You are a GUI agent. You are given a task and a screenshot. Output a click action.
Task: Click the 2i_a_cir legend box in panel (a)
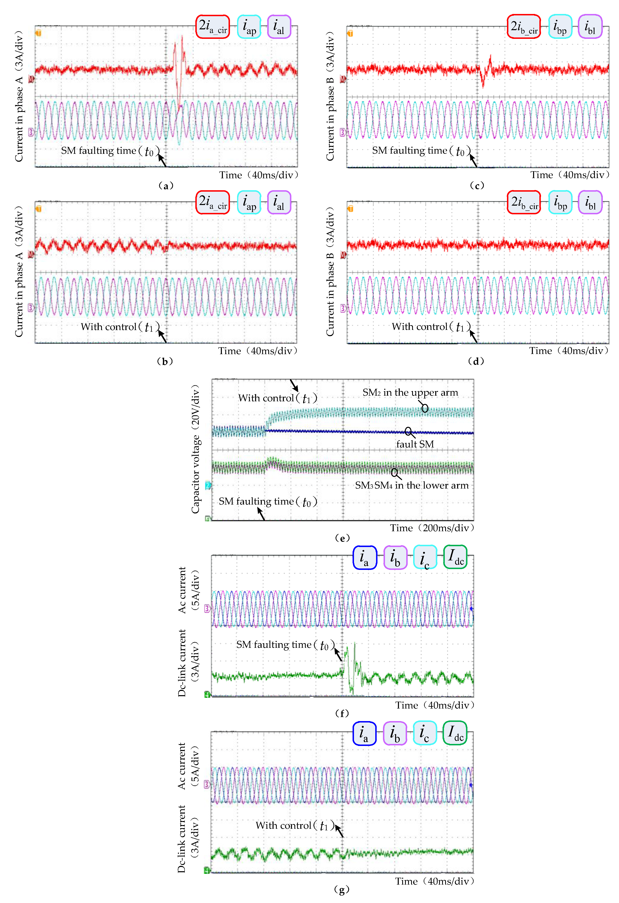212,27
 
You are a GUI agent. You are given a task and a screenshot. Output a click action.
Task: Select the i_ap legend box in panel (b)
249,202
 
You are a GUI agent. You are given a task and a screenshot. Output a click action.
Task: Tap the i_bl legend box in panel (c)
590,27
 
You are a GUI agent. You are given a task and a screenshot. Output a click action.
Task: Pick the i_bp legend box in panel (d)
560,202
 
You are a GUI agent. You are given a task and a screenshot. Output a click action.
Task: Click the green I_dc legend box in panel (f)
455,557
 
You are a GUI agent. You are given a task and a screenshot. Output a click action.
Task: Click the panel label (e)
342,538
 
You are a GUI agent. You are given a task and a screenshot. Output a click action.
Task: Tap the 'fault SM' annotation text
415,444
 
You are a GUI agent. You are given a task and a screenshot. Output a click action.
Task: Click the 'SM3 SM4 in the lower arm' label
412,485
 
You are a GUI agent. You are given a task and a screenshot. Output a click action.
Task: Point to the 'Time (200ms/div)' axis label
432,528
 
